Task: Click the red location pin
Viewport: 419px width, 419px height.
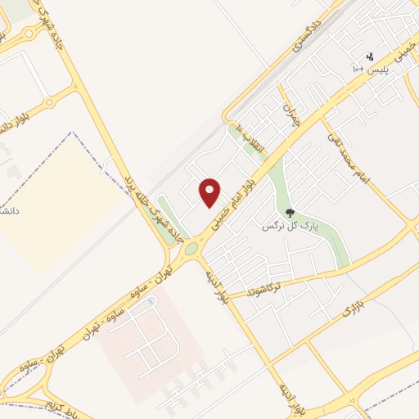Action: (x=211, y=191)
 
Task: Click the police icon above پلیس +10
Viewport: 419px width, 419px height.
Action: (x=371, y=56)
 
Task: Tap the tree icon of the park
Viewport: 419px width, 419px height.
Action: (x=290, y=214)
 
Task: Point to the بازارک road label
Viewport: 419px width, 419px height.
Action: (x=349, y=311)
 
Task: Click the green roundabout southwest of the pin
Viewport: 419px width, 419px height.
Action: (x=191, y=247)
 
